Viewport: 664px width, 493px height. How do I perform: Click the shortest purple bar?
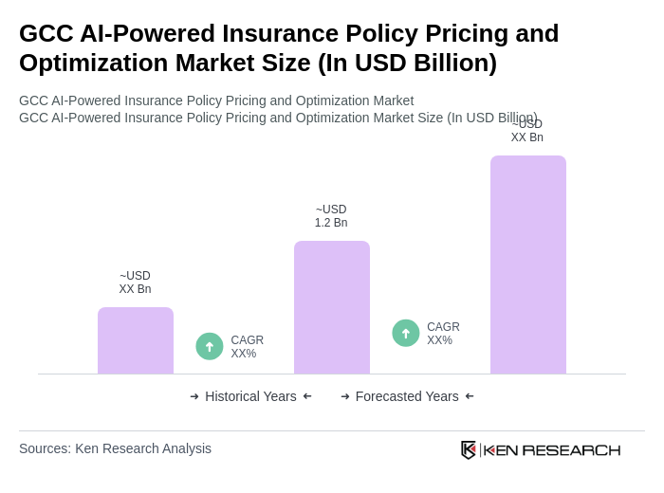136,340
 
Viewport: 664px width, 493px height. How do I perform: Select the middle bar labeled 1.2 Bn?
332,307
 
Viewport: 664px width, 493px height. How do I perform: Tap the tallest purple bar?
528,265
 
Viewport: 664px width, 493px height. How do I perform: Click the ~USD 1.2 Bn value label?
331,216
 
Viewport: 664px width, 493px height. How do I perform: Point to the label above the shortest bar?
135,283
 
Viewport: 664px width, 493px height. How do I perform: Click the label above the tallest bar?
527,132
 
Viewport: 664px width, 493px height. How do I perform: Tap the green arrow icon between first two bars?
210,346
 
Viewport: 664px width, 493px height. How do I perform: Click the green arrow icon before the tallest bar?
406,333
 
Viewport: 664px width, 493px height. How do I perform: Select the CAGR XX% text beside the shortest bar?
248,347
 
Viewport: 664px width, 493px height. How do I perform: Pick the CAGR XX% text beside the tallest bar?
443,334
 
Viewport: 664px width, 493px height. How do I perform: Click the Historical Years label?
250,396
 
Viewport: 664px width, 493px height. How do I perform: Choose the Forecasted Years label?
407,396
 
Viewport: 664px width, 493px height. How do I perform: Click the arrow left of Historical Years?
194,396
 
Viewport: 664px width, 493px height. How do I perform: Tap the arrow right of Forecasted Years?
470,396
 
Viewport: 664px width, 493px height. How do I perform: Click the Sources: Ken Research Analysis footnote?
115,448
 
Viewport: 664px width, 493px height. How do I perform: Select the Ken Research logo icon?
469,449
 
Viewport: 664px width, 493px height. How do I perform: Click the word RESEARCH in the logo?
571,449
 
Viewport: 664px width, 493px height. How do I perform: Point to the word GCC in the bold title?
47,33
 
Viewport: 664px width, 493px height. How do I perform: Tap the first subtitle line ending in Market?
216,100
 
